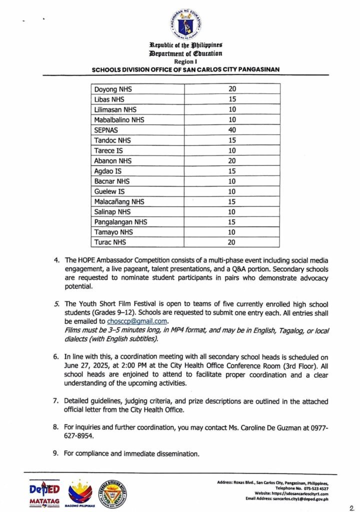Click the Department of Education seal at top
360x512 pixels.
pyautogui.click(x=185, y=25)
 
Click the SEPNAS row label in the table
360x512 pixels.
pyautogui.click(x=105, y=129)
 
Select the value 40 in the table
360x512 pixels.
pyautogui.click(x=232, y=129)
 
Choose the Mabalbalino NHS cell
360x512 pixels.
pyautogui.click(x=119, y=119)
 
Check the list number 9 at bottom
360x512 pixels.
pyautogui.click(x=56, y=454)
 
